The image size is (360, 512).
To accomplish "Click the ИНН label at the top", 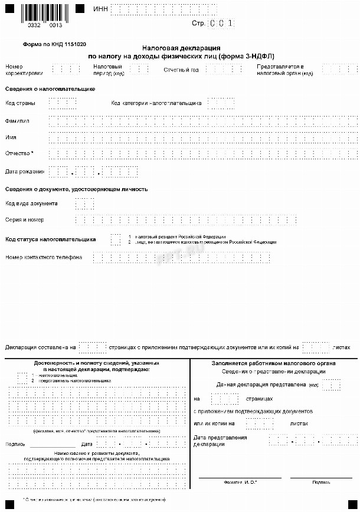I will tap(100, 10).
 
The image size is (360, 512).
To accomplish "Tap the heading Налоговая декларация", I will tap(182, 47).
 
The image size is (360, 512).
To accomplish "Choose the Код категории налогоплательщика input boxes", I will tap(221, 103).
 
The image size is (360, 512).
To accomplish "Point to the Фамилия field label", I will tap(18, 121).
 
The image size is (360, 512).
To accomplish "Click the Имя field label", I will tap(11, 137).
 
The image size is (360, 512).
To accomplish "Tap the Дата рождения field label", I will tap(24, 172).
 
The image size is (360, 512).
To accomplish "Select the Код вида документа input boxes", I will tap(84, 204).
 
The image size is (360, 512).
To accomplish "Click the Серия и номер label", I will tap(24, 220).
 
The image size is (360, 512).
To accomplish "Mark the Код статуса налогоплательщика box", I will tap(115, 239).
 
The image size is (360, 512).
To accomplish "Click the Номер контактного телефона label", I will tap(44, 257).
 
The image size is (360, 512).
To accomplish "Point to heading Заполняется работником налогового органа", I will tap(274, 363).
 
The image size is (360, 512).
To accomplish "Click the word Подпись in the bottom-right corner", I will tap(321, 482).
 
